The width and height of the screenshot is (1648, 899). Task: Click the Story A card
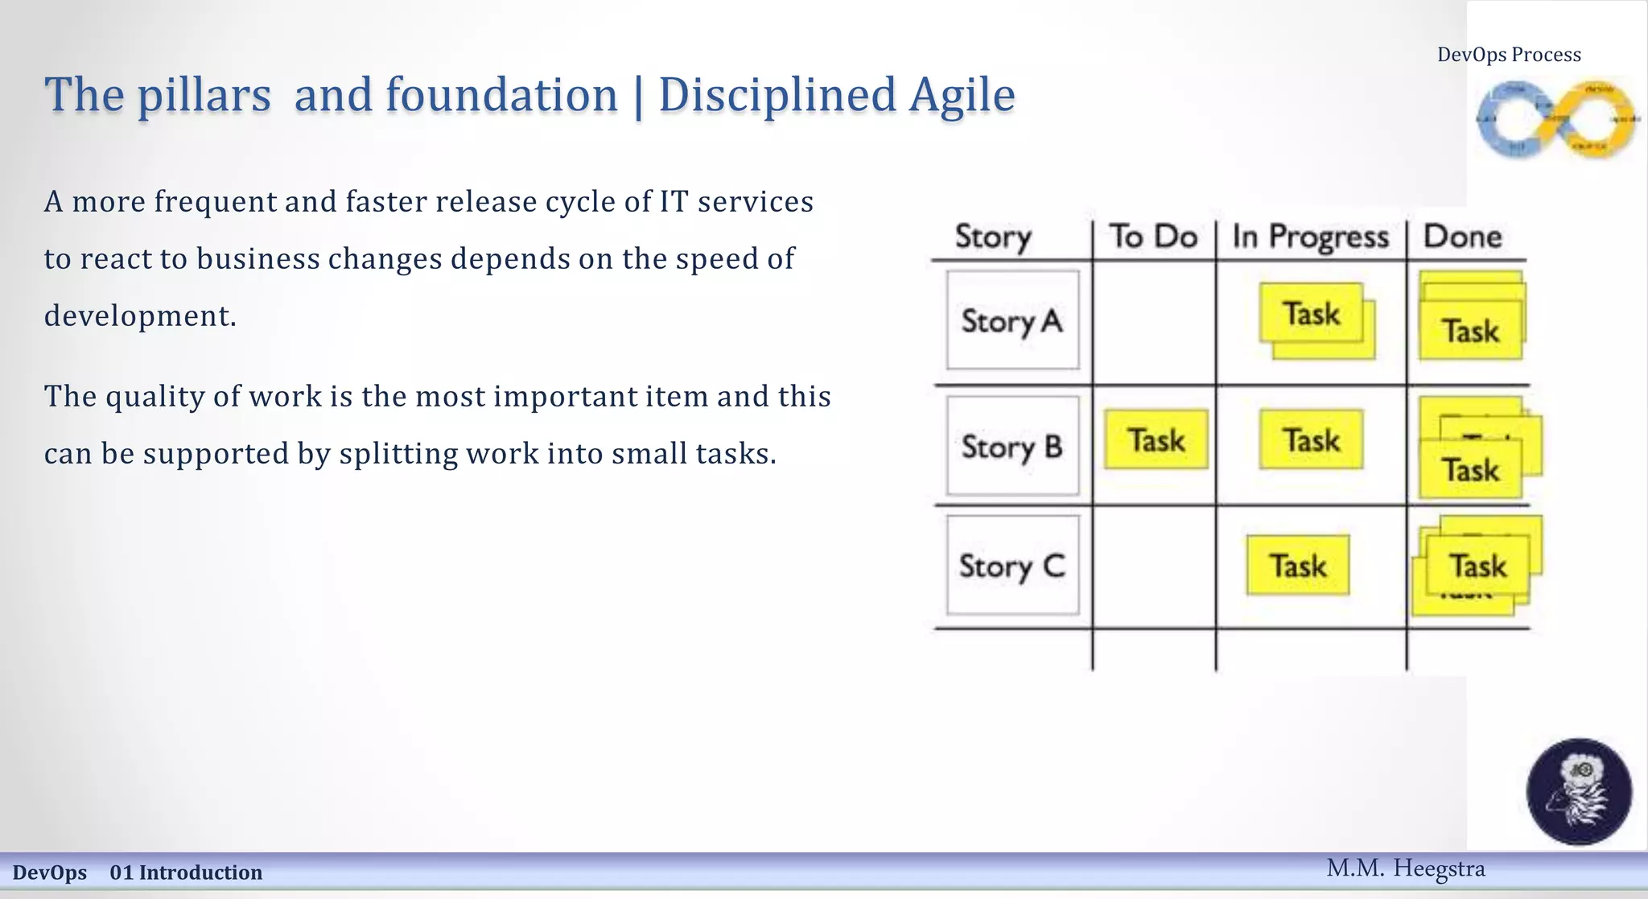tap(1012, 320)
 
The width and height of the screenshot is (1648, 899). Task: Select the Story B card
tap(1012, 446)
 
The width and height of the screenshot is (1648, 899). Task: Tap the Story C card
tap(1012, 566)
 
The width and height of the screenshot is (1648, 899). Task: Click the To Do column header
tap(1153, 237)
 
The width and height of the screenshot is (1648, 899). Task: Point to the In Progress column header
tap(1310, 237)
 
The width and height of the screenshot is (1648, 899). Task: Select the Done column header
tap(1462, 237)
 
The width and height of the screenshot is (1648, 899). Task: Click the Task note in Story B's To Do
tap(1156, 439)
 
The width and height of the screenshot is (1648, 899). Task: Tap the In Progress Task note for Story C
tap(1297, 566)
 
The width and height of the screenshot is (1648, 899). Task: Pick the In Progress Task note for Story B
tap(1311, 439)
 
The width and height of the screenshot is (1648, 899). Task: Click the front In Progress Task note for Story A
tap(1311, 313)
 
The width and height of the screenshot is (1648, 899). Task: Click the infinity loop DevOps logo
tap(1557, 119)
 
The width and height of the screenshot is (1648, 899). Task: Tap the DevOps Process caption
tap(1509, 55)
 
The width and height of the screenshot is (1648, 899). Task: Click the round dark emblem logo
tap(1579, 791)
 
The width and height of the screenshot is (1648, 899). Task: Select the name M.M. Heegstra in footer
tap(1405, 868)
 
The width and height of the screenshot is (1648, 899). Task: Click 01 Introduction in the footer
tap(186, 872)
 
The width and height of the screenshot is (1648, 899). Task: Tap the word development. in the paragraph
tap(140, 315)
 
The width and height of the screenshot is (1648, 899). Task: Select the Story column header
tap(993, 237)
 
